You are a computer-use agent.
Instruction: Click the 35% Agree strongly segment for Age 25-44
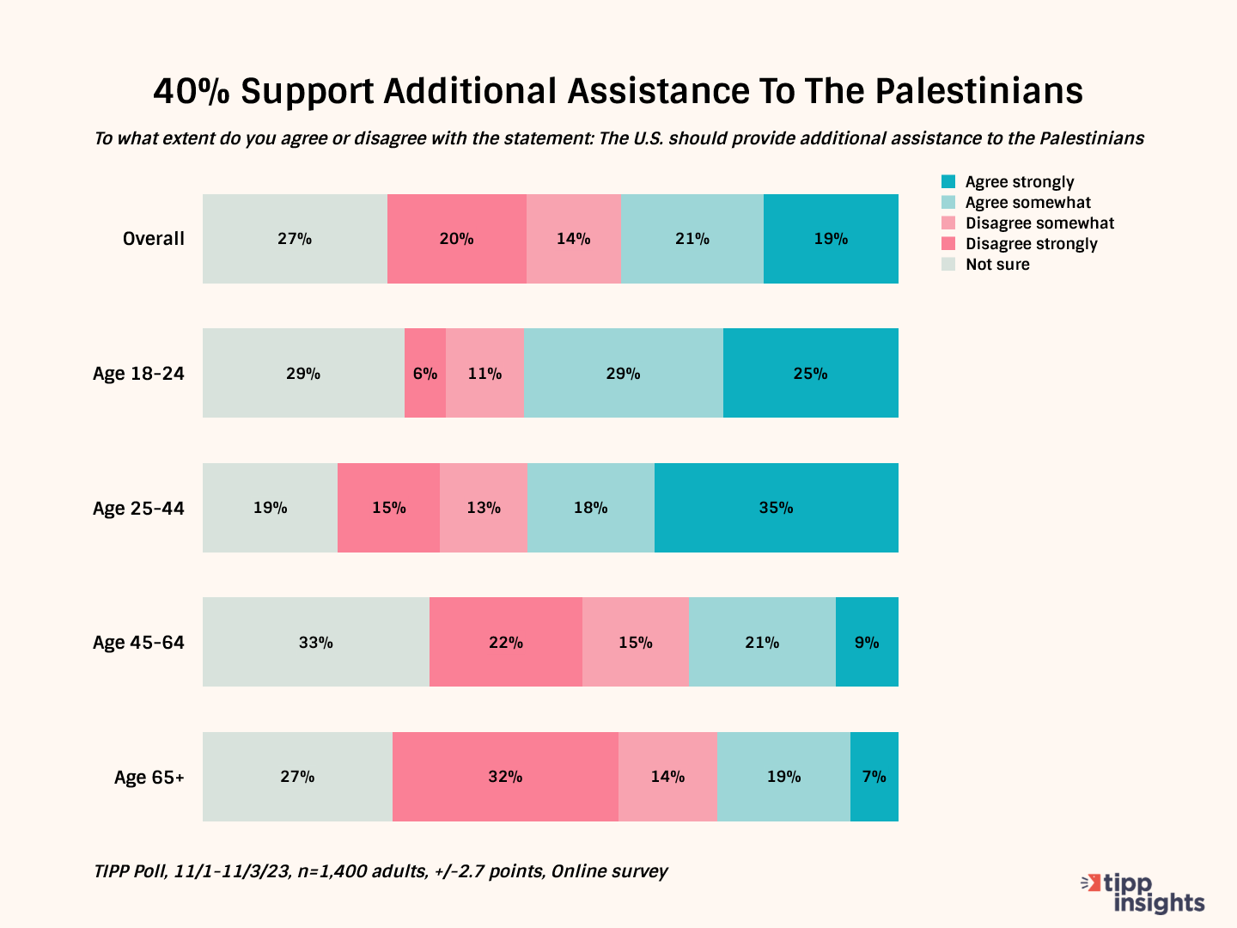(x=776, y=508)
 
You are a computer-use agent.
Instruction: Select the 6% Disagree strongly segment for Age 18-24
(x=425, y=373)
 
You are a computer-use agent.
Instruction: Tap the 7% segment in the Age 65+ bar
(x=874, y=777)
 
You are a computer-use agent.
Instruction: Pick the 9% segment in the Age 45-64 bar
(x=867, y=642)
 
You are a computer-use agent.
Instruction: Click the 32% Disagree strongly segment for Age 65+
(x=505, y=777)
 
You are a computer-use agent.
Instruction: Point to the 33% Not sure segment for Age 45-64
(x=315, y=642)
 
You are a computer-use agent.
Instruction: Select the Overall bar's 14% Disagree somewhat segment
(x=573, y=239)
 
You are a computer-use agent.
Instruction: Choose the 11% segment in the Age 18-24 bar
(x=484, y=373)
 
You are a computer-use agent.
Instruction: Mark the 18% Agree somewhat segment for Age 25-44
(x=590, y=508)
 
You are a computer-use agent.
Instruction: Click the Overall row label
(x=153, y=239)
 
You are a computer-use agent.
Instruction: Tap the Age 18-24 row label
(x=138, y=374)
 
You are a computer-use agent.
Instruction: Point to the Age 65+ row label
(x=149, y=778)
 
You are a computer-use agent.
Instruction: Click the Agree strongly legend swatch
(x=948, y=181)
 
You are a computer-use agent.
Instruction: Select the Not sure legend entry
(x=996, y=265)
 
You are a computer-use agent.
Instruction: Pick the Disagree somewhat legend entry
(x=1039, y=223)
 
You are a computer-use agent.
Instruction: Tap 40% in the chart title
(x=192, y=91)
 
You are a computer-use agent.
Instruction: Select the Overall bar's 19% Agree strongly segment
(x=831, y=239)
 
